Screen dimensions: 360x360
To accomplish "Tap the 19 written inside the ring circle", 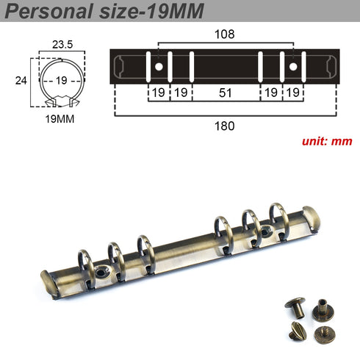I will pyautogui.click(x=62, y=80).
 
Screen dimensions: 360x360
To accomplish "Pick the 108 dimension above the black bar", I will pyautogui.click(x=224, y=34).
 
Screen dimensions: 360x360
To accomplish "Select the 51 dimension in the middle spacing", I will pyautogui.click(x=226, y=93).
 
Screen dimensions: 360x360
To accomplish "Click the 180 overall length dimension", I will pyautogui.click(x=224, y=126).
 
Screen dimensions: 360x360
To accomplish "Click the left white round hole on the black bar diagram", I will pyautogui.click(x=158, y=67).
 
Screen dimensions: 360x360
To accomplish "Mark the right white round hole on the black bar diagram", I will pyautogui.click(x=294, y=67).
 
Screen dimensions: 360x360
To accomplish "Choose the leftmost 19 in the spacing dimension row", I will pyautogui.click(x=157, y=93).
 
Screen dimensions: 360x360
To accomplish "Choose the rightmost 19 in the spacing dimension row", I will pyautogui.click(x=294, y=93).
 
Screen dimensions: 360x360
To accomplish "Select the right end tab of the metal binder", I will pyautogui.click(x=312, y=219).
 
